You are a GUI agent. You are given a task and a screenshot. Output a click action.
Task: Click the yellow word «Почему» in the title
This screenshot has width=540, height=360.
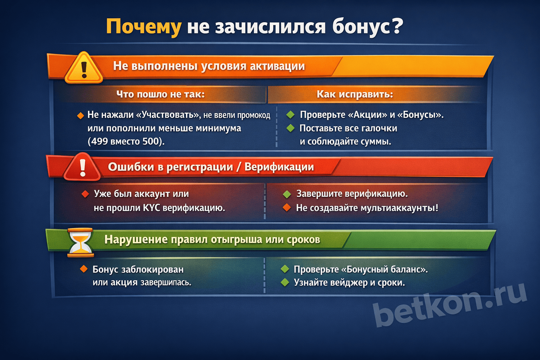point(143,27)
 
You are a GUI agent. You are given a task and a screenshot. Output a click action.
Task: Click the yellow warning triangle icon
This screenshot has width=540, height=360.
point(84,68)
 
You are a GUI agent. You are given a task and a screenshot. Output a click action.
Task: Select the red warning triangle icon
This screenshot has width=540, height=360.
point(82,167)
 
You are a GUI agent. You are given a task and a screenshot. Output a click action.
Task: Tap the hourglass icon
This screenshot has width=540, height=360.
point(81,242)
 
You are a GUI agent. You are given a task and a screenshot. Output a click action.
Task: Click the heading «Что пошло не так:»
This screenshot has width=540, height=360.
point(160,94)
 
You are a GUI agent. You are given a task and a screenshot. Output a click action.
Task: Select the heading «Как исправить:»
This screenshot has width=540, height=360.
point(354,94)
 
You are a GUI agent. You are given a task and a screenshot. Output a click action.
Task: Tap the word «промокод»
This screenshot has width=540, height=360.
point(253,115)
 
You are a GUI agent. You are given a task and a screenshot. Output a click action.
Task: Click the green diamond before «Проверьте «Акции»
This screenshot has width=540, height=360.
point(290,115)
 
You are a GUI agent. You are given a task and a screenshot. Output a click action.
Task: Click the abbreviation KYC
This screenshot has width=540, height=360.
point(152,208)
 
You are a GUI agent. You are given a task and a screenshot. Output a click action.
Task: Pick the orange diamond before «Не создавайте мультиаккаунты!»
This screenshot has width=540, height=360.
point(287,208)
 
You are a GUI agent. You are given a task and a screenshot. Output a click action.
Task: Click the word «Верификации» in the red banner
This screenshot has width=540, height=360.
point(279,167)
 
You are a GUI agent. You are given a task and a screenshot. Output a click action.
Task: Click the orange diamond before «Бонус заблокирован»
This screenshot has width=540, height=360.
point(84,269)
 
